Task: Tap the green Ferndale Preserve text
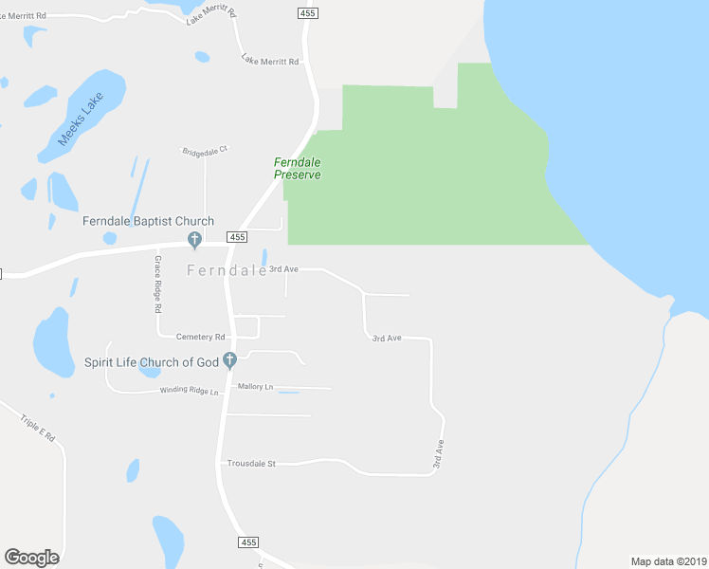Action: click(298, 168)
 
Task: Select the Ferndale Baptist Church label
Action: click(148, 221)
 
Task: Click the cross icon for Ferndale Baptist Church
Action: click(194, 239)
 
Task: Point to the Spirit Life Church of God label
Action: click(152, 361)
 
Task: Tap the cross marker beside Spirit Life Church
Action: click(229, 360)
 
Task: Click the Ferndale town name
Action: click(227, 270)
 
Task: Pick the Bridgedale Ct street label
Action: click(206, 150)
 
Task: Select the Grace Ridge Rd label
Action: click(158, 284)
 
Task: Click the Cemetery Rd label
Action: click(200, 337)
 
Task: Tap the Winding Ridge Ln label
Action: click(190, 391)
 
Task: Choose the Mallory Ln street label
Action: click(255, 387)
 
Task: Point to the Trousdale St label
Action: click(251, 464)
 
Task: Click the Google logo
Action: click(31, 558)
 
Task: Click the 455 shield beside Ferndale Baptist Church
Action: click(237, 237)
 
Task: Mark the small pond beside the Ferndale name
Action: click(264, 257)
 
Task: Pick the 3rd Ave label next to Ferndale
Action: click(283, 269)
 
